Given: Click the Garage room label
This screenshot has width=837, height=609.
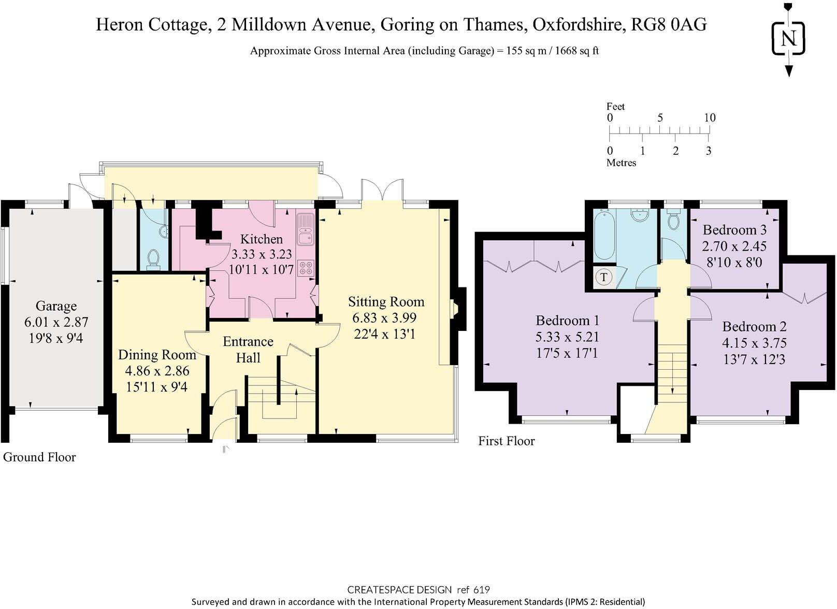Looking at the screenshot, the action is click(56, 306).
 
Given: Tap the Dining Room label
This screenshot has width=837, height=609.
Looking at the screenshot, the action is click(157, 355).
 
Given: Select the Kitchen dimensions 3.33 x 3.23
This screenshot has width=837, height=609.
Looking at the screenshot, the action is click(262, 254).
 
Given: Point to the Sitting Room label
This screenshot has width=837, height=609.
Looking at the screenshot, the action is click(386, 302).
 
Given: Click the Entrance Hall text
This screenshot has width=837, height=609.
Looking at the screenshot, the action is click(248, 350).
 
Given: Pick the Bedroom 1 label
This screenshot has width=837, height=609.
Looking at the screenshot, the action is click(567, 321).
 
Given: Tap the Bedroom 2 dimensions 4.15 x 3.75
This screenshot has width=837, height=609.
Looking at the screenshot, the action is click(754, 343).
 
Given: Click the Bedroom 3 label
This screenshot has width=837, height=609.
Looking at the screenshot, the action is click(734, 230).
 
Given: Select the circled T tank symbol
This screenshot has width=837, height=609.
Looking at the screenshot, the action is click(604, 277).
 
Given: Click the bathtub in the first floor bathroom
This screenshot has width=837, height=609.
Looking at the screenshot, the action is click(604, 235).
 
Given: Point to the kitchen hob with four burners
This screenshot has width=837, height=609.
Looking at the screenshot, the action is click(306, 268).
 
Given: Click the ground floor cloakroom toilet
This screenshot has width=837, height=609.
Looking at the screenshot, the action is click(153, 259).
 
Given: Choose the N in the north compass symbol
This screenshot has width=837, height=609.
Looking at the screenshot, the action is click(788, 38).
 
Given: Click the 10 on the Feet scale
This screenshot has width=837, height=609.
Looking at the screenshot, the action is click(710, 118).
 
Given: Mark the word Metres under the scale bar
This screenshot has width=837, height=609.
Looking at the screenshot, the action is click(621, 163).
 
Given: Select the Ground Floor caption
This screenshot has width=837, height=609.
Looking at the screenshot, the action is click(39, 457).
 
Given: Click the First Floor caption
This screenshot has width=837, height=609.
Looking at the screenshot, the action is click(507, 441).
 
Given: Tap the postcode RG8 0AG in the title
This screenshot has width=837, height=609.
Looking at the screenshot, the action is click(669, 25).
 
